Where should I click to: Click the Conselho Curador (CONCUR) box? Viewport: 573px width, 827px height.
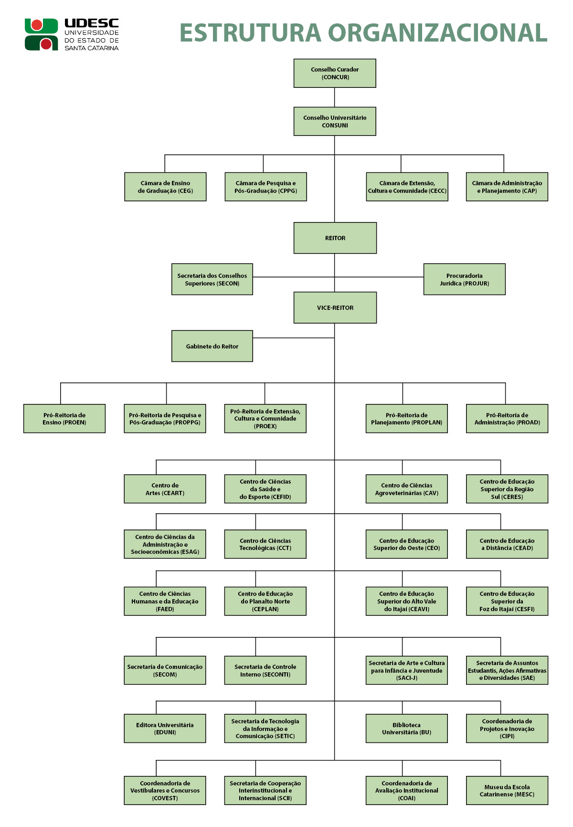click(x=335, y=73)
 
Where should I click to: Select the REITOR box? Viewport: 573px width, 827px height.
click(x=335, y=238)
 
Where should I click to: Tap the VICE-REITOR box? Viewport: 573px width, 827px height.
click(x=335, y=308)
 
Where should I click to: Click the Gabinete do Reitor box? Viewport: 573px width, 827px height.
click(x=212, y=346)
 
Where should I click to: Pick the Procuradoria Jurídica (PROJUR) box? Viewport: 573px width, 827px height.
click(x=464, y=279)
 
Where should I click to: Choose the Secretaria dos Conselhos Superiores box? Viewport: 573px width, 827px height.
click(x=212, y=279)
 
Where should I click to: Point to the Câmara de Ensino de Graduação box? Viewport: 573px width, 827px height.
click(x=165, y=187)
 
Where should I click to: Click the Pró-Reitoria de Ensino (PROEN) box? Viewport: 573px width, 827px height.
click(x=64, y=419)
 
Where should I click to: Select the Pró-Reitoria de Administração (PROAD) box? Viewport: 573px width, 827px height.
click(x=507, y=419)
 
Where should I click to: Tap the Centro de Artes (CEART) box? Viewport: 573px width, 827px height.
click(x=165, y=489)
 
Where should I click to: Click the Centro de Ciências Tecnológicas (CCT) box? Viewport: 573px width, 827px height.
click(x=265, y=544)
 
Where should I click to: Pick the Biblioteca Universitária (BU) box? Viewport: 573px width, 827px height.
click(x=406, y=729)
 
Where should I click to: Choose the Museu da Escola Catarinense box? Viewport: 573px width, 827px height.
click(x=507, y=791)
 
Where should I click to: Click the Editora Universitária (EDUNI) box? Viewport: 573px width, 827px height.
click(x=165, y=729)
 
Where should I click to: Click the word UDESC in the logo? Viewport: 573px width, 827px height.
click(x=92, y=23)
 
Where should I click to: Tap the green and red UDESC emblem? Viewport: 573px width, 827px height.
click(x=41, y=34)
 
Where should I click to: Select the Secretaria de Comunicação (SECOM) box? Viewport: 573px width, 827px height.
click(x=165, y=670)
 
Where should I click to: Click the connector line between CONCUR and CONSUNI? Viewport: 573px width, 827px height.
click(x=334, y=97)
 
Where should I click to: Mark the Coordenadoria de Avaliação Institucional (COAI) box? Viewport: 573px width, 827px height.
click(x=406, y=791)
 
